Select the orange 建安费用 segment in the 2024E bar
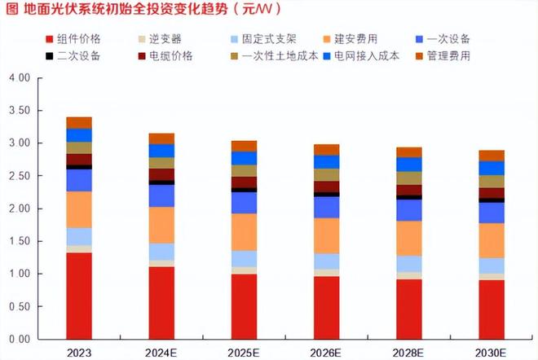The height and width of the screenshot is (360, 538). tap(161, 225)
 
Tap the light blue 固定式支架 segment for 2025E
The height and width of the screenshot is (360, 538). tap(244, 258)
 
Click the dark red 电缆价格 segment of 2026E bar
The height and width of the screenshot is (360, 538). tap(326, 187)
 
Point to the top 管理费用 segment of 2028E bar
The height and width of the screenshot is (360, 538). tap(408, 152)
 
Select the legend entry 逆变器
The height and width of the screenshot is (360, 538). tap(164, 38)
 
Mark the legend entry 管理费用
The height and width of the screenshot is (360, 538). tap(448, 56)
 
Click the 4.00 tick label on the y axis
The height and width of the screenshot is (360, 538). tap(19, 78)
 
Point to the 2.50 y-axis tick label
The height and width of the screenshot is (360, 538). tap(19, 176)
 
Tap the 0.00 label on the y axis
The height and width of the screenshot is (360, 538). tap(19, 339)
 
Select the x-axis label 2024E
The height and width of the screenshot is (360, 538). tap(161, 352)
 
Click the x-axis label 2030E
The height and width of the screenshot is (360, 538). tap(491, 352)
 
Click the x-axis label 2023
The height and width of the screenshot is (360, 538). tap(79, 352)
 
